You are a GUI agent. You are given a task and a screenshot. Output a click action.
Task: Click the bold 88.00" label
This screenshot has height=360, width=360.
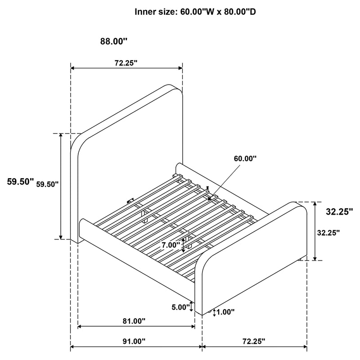(x=114, y=41)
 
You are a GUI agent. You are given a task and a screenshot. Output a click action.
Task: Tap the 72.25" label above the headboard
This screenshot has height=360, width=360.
(x=126, y=63)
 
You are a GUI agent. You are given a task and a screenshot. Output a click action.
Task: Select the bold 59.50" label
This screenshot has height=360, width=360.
(x=21, y=182)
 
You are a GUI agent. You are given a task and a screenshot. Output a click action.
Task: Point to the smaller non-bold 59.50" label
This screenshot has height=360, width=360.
(x=47, y=184)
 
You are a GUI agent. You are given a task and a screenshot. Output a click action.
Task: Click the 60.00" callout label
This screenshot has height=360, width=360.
(x=245, y=158)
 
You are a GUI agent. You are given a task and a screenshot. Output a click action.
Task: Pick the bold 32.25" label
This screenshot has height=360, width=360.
(x=339, y=212)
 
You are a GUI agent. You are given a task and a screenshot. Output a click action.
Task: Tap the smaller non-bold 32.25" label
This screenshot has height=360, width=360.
(x=328, y=233)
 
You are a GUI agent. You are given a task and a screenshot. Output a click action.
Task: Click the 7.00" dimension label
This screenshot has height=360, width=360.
(x=171, y=245)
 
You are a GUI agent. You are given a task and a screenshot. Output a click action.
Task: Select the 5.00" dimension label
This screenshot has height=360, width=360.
(x=181, y=307)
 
